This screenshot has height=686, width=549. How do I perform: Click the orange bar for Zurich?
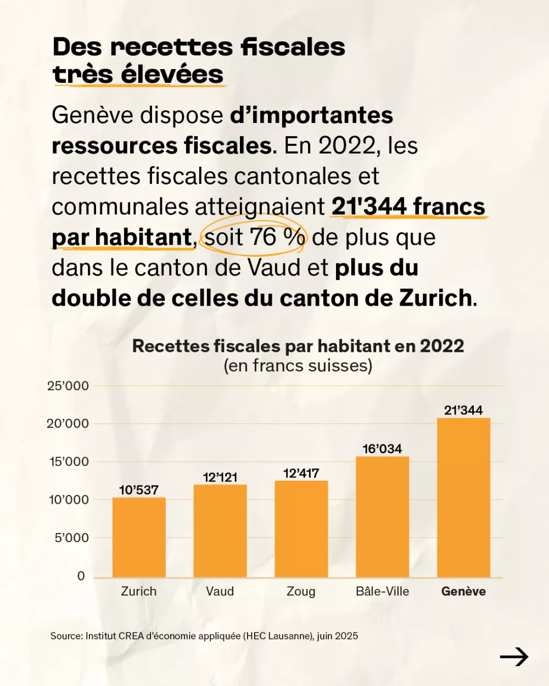tap(139, 537)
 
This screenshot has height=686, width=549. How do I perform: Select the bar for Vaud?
tap(220, 531)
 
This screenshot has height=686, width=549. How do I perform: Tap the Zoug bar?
tap(301, 529)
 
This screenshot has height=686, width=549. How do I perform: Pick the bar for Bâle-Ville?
tap(383, 517)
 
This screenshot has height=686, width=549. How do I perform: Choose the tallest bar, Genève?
tap(463, 497)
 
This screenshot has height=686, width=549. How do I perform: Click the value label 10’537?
tap(139, 490)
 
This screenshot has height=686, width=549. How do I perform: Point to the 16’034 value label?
tap(382, 449)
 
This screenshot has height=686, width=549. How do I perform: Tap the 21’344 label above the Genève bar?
tap(463, 411)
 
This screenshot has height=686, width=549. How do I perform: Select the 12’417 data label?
tap(301, 474)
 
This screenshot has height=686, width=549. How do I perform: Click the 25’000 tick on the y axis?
tap(68, 386)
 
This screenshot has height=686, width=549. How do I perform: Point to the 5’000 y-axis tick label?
tap(71, 538)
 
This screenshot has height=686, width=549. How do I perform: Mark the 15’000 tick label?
tap(69, 462)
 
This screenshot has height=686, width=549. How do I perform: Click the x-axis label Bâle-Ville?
tap(383, 592)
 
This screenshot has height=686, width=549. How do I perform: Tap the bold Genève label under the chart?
tap(463, 592)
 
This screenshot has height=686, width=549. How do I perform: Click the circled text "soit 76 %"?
tap(254, 238)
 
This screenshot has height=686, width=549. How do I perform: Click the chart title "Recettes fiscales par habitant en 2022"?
tap(298, 346)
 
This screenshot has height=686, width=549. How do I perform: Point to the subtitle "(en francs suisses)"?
tap(298, 366)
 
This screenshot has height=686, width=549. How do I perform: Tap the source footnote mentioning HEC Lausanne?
tap(204, 636)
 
